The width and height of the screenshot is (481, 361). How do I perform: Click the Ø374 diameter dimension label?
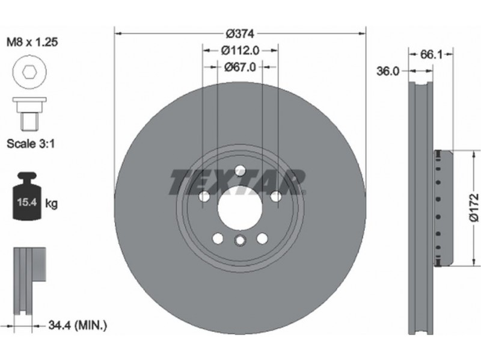[x=240, y=34]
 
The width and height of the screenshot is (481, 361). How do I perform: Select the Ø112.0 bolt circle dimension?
[x=240, y=51]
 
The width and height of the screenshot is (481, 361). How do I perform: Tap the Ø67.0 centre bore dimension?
[x=239, y=67]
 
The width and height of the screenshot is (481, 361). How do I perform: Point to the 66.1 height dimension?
[x=430, y=55]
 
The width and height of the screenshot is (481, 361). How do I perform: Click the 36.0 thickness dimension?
[x=388, y=71]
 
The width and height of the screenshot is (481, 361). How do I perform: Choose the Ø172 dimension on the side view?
[x=474, y=207]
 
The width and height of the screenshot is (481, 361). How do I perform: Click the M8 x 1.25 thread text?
[x=32, y=42]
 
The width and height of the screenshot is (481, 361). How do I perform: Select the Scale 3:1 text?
[x=31, y=143]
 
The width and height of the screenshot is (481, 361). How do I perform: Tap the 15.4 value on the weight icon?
[x=27, y=202]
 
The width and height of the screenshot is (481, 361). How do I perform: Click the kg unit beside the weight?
[x=51, y=203]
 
